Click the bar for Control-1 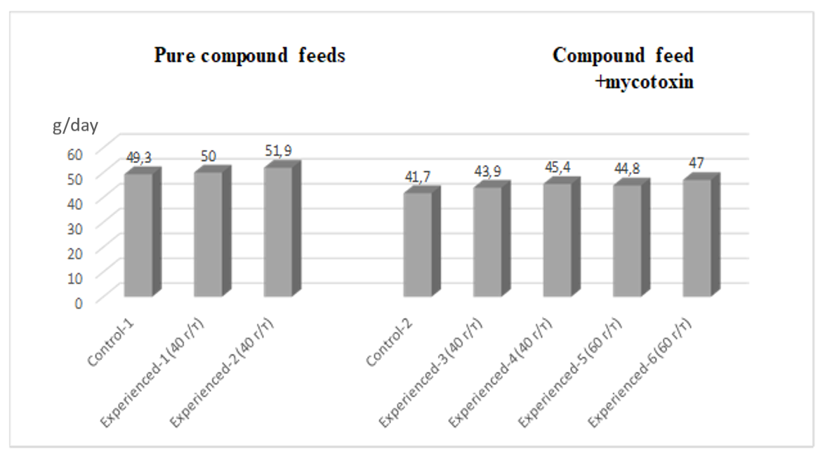138,234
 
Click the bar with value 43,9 487,241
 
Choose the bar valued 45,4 557,239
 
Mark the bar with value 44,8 627,240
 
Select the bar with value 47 697,238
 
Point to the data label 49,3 139,158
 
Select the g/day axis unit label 74,126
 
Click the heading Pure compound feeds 249,56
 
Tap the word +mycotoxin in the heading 642,82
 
